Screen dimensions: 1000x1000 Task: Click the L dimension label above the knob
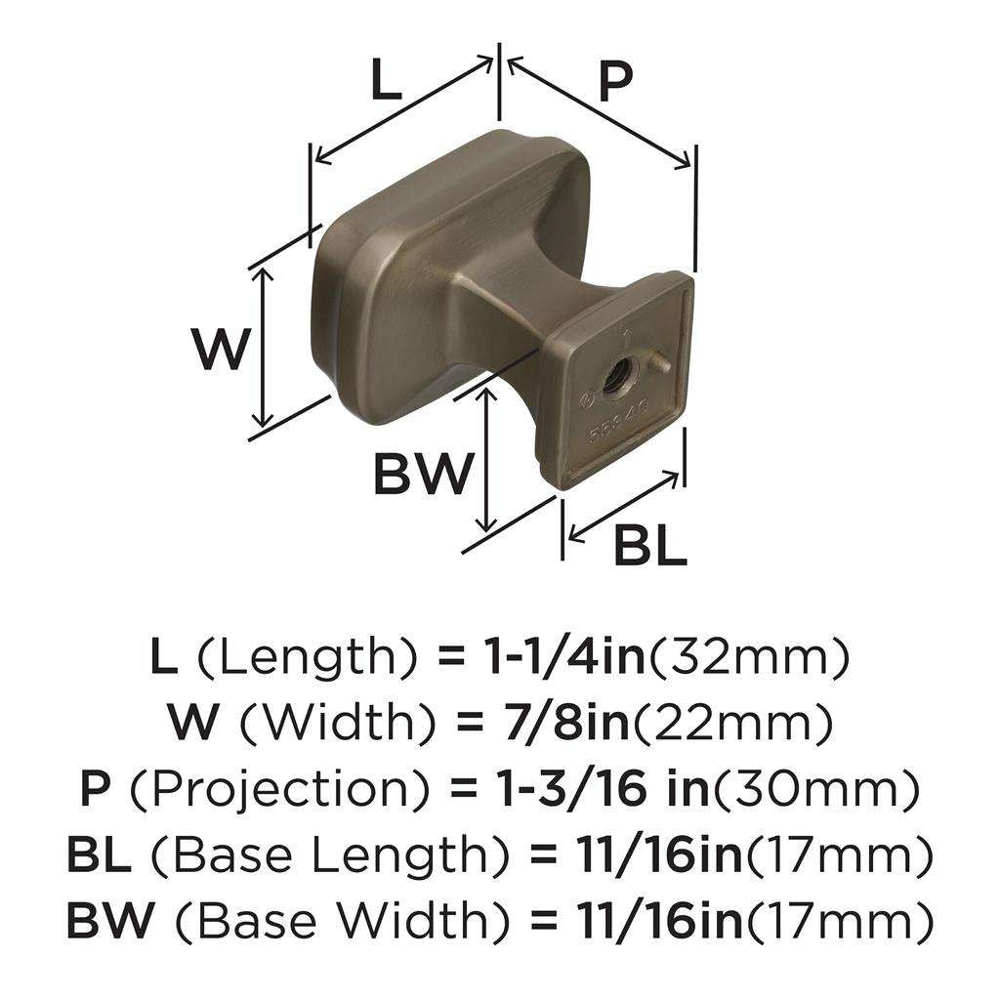[x=387, y=82]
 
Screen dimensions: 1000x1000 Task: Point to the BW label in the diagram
[x=422, y=477]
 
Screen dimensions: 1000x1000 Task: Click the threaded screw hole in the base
[x=619, y=374]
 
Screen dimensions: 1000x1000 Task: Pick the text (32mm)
[x=749, y=658]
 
